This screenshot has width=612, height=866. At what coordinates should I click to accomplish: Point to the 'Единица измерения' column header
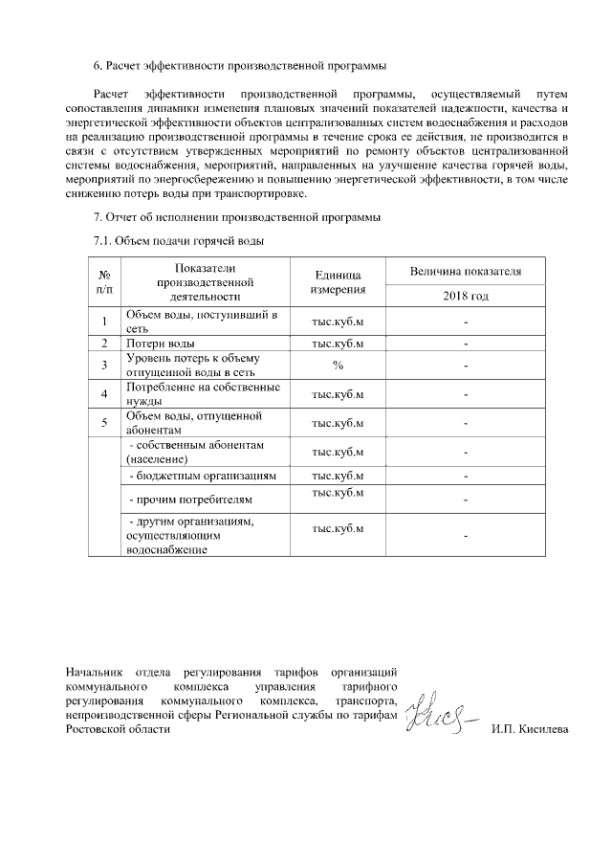[x=338, y=281]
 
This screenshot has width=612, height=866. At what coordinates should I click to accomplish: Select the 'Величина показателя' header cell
[x=465, y=271]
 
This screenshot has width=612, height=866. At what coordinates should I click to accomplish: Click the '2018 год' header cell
[x=465, y=297]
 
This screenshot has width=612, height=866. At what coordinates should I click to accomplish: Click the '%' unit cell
[x=338, y=365]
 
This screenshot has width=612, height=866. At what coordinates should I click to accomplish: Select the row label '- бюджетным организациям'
[x=203, y=476]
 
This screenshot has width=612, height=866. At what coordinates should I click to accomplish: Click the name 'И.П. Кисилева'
[x=528, y=730]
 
